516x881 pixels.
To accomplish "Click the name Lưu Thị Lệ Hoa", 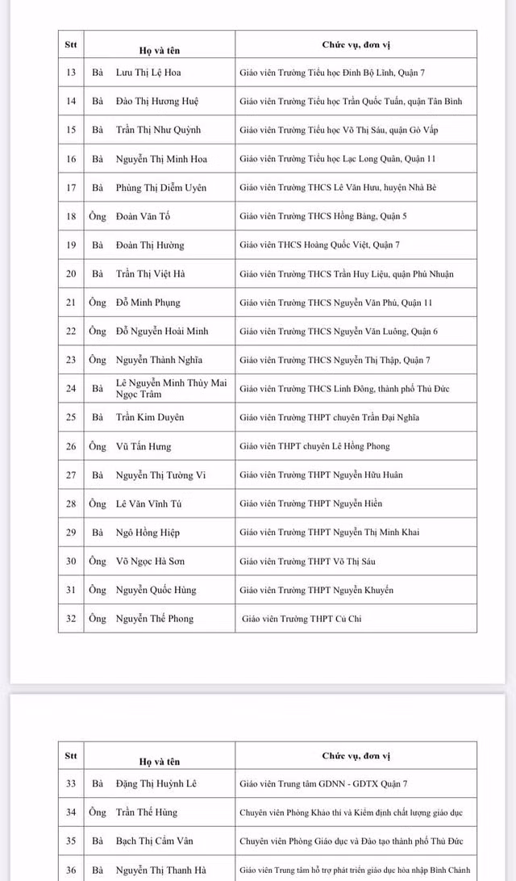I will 148,73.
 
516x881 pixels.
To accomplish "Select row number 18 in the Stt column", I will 71,216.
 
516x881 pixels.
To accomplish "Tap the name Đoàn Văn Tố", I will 143,216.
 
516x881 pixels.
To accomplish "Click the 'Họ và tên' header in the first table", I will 160,50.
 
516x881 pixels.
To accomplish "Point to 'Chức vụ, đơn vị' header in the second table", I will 356,756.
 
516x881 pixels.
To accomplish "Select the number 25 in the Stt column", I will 71,417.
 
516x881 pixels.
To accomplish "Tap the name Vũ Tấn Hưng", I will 143,446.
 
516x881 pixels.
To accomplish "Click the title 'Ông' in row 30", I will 98,562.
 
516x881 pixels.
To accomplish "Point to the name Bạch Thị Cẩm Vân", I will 155,841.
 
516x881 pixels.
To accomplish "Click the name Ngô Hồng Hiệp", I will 148,532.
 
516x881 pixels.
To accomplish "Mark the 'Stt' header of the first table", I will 71,44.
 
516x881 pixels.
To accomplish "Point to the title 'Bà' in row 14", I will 98,102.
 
